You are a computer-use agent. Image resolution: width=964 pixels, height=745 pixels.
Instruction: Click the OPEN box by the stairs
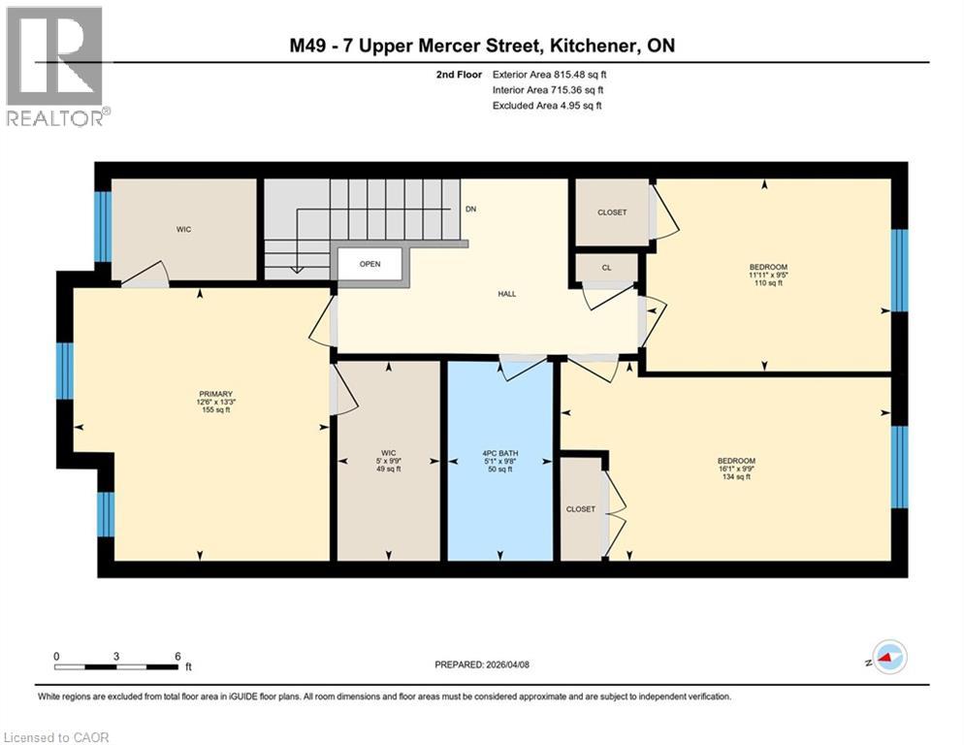click(370, 264)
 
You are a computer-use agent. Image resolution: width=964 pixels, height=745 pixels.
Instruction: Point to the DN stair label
click(470, 209)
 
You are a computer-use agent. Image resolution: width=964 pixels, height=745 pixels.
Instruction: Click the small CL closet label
click(606, 267)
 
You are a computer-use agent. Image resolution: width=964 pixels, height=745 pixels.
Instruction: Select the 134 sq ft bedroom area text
click(736, 477)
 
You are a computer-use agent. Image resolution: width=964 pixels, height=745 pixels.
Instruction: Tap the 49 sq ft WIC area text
click(387, 469)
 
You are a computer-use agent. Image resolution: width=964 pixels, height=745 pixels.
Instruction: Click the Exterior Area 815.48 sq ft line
click(551, 74)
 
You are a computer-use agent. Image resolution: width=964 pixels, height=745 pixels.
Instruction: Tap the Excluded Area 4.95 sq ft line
click(547, 105)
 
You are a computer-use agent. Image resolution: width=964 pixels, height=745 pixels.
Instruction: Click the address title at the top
click(482, 46)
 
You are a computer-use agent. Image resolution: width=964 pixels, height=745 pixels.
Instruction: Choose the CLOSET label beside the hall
click(611, 212)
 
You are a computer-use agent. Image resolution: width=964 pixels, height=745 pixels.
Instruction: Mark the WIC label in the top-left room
click(182, 231)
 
